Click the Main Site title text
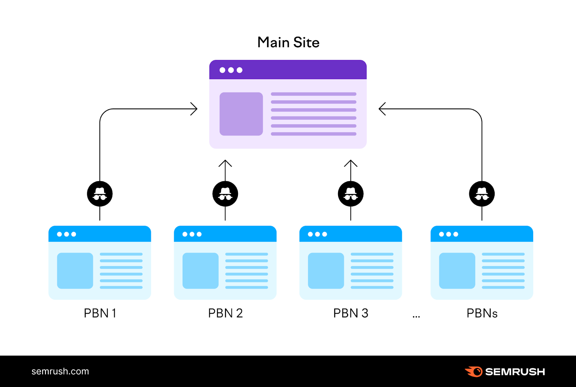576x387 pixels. pyautogui.click(x=288, y=42)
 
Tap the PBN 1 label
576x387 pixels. pyautogui.click(x=100, y=313)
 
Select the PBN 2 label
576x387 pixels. pyautogui.click(x=225, y=313)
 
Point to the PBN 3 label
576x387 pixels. pyautogui.click(x=351, y=313)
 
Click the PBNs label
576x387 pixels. pyautogui.click(x=482, y=313)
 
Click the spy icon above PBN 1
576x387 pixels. pyautogui.click(x=100, y=194)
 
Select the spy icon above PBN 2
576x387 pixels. pyautogui.click(x=225, y=194)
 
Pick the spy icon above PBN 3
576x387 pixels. pyautogui.click(x=351, y=194)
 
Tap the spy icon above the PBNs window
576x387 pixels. pyautogui.click(x=482, y=194)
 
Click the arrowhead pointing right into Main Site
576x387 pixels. pyautogui.click(x=194, y=109)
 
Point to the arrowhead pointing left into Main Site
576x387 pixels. pyautogui.click(x=382, y=109)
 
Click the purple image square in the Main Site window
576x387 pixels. pyautogui.click(x=241, y=114)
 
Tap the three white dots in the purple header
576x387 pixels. pyautogui.click(x=231, y=70)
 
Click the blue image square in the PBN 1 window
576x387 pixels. pyautogui.click(x=75, y=271)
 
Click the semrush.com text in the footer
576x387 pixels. pyautogui.click(x=60, y=372)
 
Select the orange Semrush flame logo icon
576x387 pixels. pyautogui.click(x=474, y=372)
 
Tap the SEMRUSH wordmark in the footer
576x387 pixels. pyautogui.click(x=515, y=372)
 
